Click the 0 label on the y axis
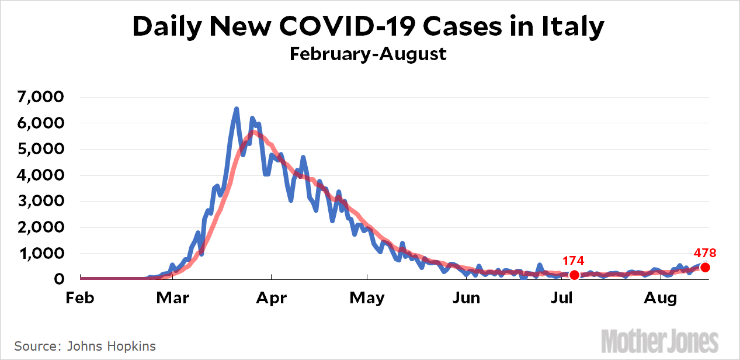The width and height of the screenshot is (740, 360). [x=58, y=279]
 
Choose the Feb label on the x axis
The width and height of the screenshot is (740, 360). [x=80, y=298]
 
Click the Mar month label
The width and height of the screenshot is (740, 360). [x=173, y=298]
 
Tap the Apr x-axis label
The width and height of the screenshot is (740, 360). [x=271, y=298]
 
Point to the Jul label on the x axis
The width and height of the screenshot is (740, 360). [x=561, y=298]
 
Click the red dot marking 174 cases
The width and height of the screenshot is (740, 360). [x=575, y=275]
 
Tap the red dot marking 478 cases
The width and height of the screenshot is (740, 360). [x=705, y=267]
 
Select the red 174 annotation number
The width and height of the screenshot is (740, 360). [x=574, y=261]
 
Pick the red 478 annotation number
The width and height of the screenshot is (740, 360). [x=705, y=253]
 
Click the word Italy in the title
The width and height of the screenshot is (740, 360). [x=573, y=27]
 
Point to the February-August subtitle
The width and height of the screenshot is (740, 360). [x=368, y=54]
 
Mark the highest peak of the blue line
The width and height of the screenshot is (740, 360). [x=236, y=109]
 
